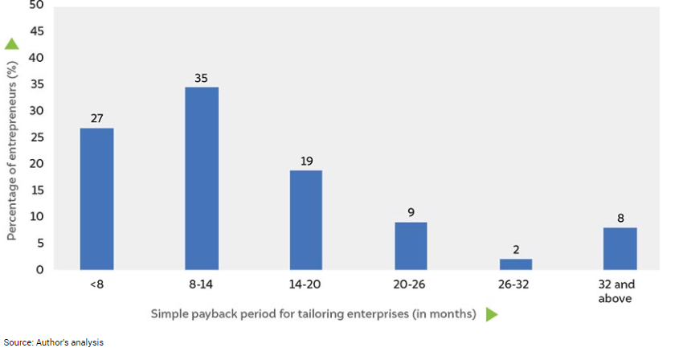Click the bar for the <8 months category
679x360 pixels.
(96, 198)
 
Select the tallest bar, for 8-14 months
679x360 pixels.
(202, 178)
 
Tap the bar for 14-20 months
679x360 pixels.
(306, 219)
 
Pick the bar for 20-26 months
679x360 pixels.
(411, 246)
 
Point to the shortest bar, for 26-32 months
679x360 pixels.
(515, 264)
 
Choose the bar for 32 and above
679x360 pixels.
(620, 248)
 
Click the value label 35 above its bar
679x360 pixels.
(202, 78)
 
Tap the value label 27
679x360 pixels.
(96, 119)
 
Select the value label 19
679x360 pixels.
(306, 161)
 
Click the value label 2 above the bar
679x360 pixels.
(515, 250)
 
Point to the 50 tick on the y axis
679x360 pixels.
(36, 6)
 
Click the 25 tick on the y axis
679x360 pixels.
(36, 137)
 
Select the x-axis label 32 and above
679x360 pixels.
(620, 292)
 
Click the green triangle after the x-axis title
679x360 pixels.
(492, 314)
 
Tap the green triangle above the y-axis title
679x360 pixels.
(12, 44)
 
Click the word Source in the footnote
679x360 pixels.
(18, 342)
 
